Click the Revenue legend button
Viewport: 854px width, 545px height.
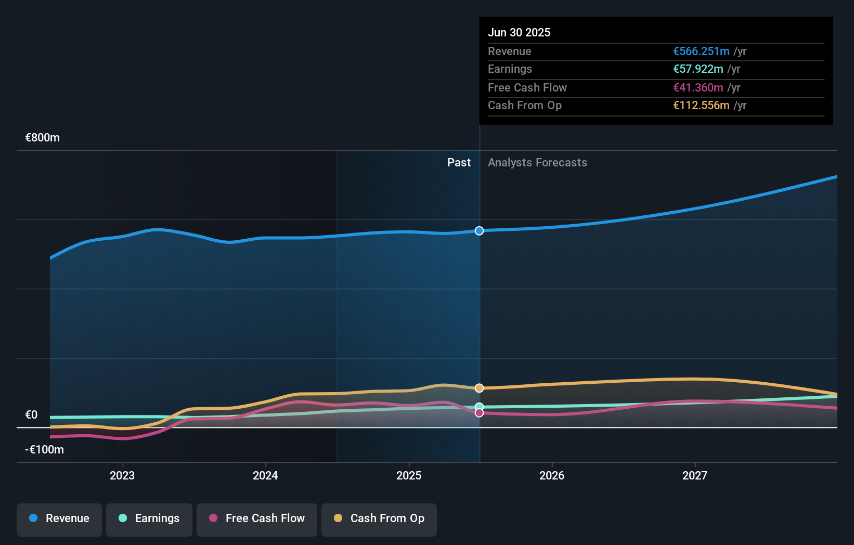pyautogui.click(x=59, y=518)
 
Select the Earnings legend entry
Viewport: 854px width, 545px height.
pyautogui.click(x=149, y=518)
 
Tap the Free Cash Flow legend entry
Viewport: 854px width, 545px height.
pyautogui.click(x=257, y=518)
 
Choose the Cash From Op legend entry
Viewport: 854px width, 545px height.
pyautogui.click(x=379, y=518)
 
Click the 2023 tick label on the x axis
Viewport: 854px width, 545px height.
pyautogui.click(x=122, y=475)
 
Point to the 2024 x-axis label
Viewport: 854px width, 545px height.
pyautogui.click(x=265, y=475)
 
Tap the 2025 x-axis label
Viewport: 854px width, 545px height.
pyautogui.click(x=409, y=475)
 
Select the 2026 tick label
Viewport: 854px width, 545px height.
pyautogui.click(x=552, y=475)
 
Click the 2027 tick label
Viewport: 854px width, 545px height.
pyautogui.click(x=695, y=475)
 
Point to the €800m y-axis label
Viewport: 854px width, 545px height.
pyautogui.click(x=43, y=138)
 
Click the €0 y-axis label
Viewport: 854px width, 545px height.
pyautogui.click(x=31, y=415)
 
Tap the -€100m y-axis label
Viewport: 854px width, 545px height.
pyautogui.click(x=44, y=450)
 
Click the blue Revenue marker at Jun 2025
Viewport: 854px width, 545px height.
pyautogui.click(x=479, y=231)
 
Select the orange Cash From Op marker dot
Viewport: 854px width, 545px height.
pyautogui.click(x=479, y=388)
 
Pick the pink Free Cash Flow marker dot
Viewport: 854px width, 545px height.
pyautogui.click(x=479, y=413)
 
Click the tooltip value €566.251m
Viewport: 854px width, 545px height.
pyautogui.click(x=701, y=51)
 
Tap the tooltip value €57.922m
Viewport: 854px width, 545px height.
pyautogui.click(x=698, y=69)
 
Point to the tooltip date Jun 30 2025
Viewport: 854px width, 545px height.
pyautogui.click(x=519, y=33)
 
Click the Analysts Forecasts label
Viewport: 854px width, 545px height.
pyautogui.click(x=537, y=163)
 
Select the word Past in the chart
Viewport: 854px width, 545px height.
pyautogui.click(x=459, y=163)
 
